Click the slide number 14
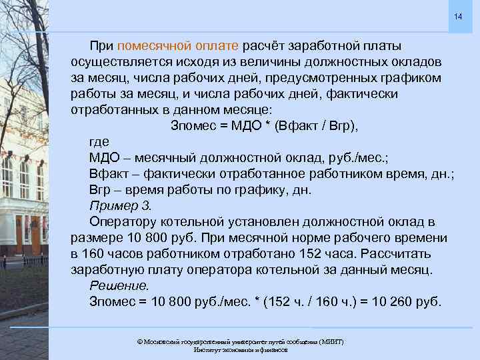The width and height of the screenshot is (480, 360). (x=458, y=15)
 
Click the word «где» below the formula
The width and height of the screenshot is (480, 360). (x=99, y=141)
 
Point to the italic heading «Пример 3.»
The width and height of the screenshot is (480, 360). (x=121, y=205)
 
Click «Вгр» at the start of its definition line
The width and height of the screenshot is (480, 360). (x=99, y=189)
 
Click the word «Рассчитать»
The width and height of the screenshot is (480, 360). (x=392, y=253)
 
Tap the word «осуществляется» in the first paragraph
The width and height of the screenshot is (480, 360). (x=119, y=62)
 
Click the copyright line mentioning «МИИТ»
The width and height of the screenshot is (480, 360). (x=240, y=341)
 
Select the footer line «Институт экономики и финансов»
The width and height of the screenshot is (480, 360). (x=240, y=349)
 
